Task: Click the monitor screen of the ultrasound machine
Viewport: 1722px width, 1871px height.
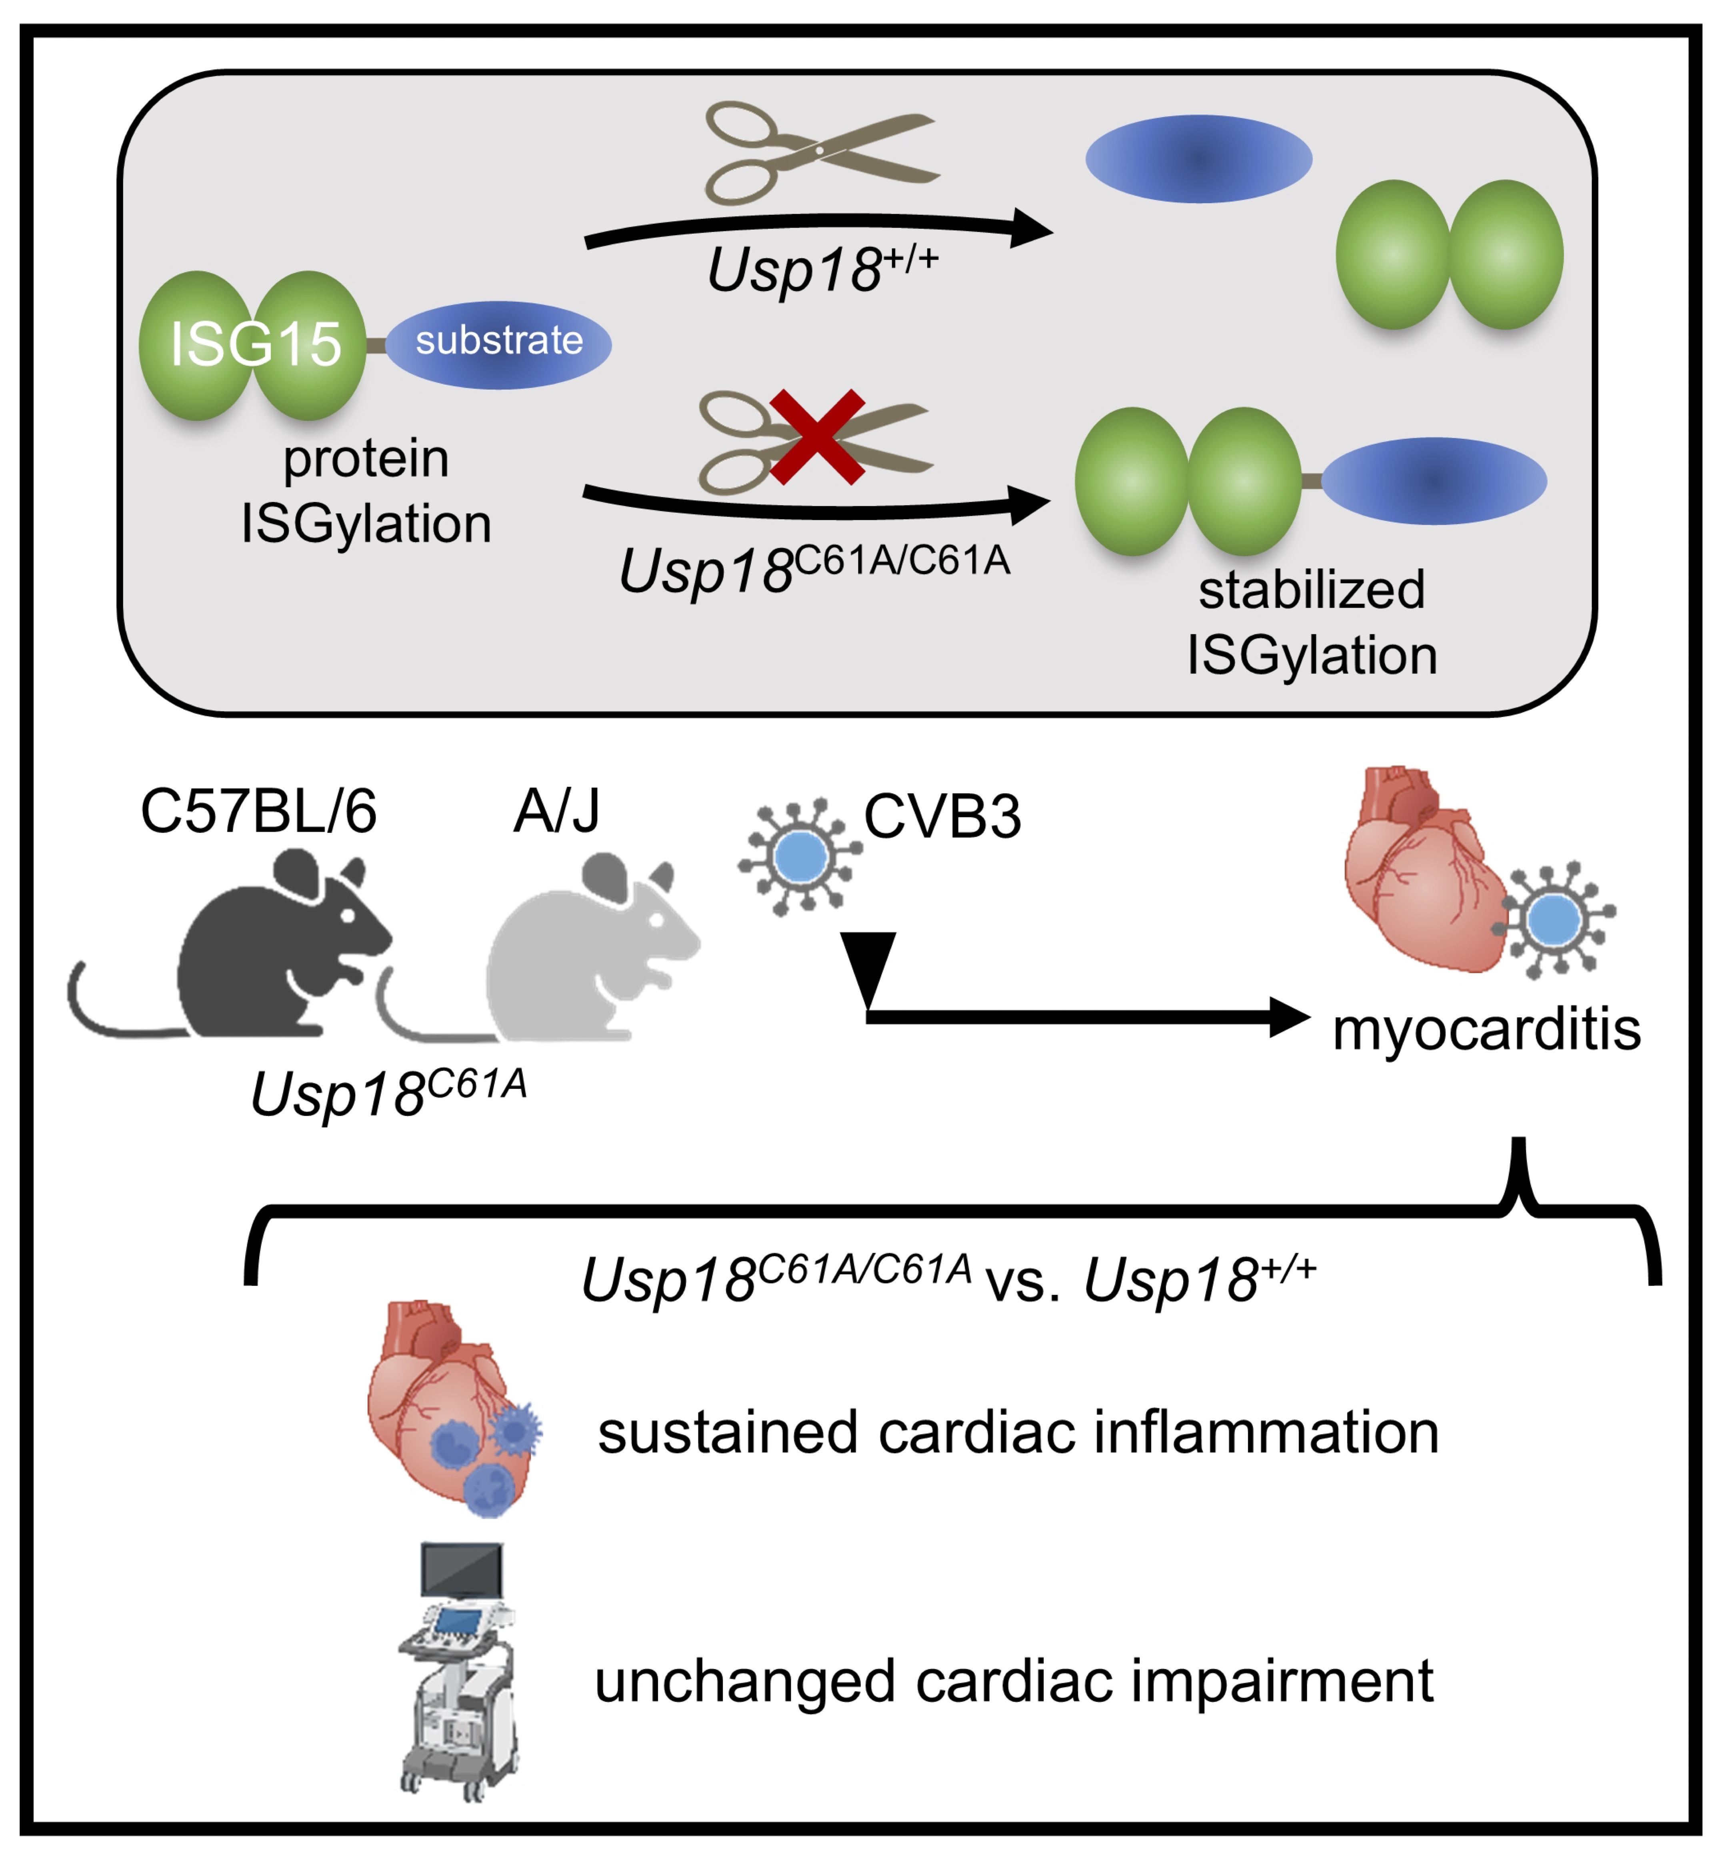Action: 462,1570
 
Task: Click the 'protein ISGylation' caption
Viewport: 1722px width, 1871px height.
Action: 366,491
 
